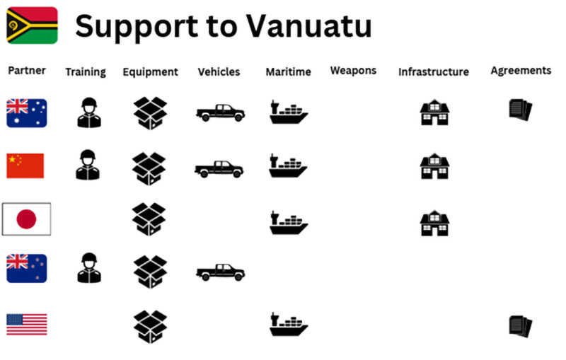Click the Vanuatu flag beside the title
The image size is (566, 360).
point(32,25)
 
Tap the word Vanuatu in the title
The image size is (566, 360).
point(308,26)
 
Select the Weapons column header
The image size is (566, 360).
point(353,70)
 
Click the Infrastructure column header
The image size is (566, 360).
point(434,71)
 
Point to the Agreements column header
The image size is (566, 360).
point(521,71)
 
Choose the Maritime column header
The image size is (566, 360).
point(289,71)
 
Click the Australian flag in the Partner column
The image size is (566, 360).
point(27,113)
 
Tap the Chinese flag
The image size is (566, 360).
point(25,166)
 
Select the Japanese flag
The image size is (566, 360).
point(26,219)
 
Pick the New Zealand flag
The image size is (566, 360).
point(27,268)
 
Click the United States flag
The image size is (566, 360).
point(27,325)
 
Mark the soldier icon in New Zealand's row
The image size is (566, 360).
point(89,267)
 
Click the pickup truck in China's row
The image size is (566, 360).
point(219,169)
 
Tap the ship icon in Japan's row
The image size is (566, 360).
point(289,222)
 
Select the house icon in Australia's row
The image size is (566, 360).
point(434,112)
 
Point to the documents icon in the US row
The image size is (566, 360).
point(521,326)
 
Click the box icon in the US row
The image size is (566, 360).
point(150,327)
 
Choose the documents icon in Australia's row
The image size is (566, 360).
point(521,110)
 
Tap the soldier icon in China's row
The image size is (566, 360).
point(88,165)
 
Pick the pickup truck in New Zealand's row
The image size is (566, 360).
point(221,272)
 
